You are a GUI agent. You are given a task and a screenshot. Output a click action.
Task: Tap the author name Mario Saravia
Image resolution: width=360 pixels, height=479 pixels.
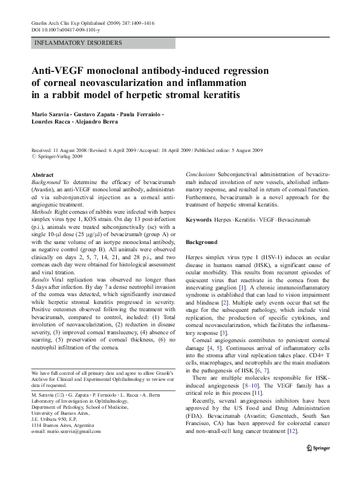point(52,115)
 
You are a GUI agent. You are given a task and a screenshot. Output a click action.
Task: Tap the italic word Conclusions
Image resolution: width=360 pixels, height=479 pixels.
point(200,174)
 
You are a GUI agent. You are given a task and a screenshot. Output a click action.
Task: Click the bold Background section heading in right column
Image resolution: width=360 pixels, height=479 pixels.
point(201,242)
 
